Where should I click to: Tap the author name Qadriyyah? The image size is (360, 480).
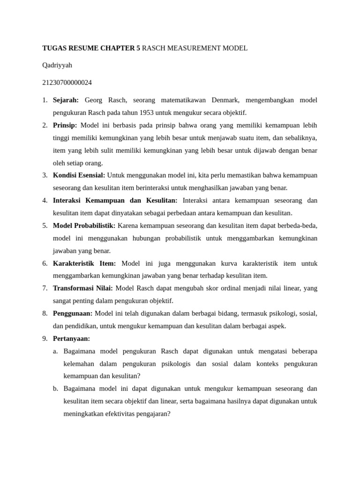click(57, 65)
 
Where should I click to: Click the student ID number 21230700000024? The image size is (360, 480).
click(67, 82)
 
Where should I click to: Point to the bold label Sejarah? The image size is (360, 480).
click(66, 100)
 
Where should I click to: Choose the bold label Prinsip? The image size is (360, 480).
click(65, 125)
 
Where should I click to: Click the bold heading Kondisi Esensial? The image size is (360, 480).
click(79, 175)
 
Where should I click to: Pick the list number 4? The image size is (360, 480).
click(45, 201)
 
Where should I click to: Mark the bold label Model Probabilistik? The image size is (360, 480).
click(84, 225)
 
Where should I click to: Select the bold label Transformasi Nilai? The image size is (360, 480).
click(82, 288)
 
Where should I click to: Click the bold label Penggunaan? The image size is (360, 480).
click(73, 313)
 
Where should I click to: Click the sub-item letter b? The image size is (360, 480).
click(55, 389)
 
